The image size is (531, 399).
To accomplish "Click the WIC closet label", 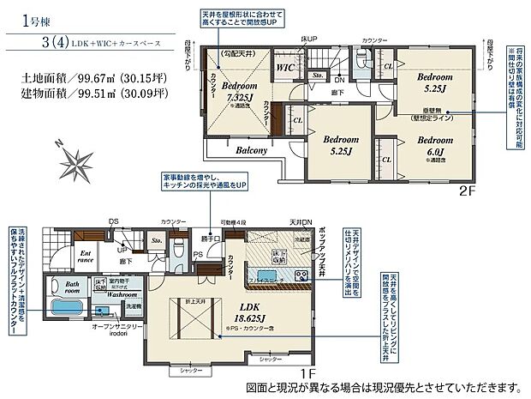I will [284, 64].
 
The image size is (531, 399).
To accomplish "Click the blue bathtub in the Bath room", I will [69, 309].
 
